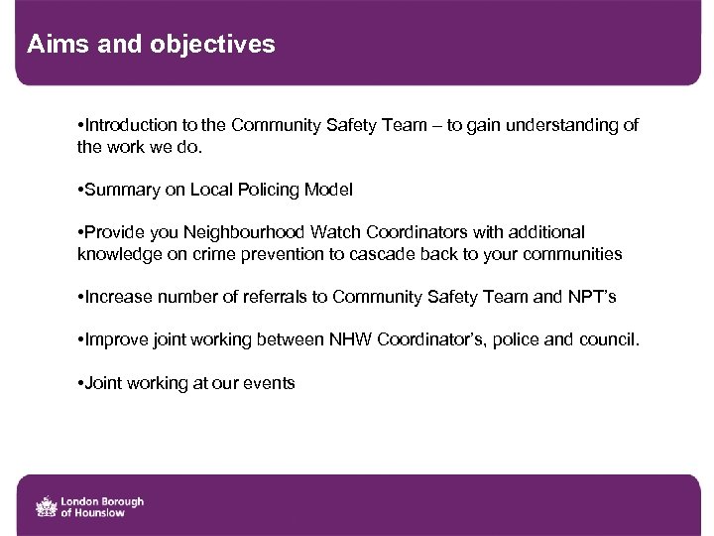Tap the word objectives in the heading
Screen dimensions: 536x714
[213, 45]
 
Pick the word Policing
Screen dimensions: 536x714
[268, 190]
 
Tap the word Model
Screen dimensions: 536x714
[328, 190]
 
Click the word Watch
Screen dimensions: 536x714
[336, 232]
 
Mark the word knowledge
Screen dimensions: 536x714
[117, 254]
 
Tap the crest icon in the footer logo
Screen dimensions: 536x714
[46, 506]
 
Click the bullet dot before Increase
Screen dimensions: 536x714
[80, 297]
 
